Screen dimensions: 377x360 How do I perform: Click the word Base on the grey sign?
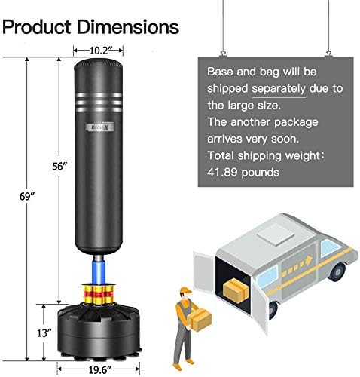coord(224,73)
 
